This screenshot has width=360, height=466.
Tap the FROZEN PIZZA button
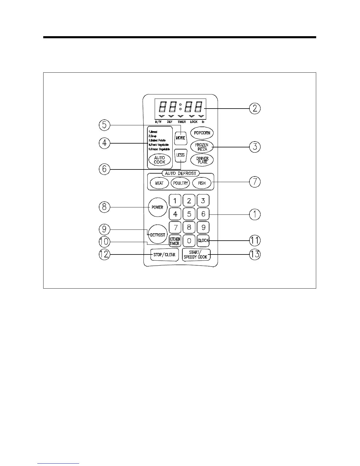(x=202, y=147)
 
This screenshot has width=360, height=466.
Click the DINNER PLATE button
(x=202, y=160)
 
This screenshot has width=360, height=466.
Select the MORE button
(x=180, y=138)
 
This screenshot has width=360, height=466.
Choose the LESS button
(x=180, y=155)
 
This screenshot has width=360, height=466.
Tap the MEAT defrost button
(x=159, y=183)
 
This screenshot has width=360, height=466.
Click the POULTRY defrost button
(x=180, y=183)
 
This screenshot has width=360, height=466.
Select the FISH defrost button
(x=202, y=183)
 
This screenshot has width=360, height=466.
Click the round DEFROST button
(x=158, y=235)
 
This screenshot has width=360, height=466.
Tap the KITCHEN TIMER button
(x=175, y=241)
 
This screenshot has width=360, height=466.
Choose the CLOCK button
(x=203, y=241)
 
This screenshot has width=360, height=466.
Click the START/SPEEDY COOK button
(x=196, y=254)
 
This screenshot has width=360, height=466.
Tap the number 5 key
(x=189, y=214)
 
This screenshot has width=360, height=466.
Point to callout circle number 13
(x=255, y=254)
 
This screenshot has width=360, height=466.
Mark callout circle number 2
(x=255, y=108)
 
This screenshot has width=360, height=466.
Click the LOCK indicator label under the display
(x=194, y=122)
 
